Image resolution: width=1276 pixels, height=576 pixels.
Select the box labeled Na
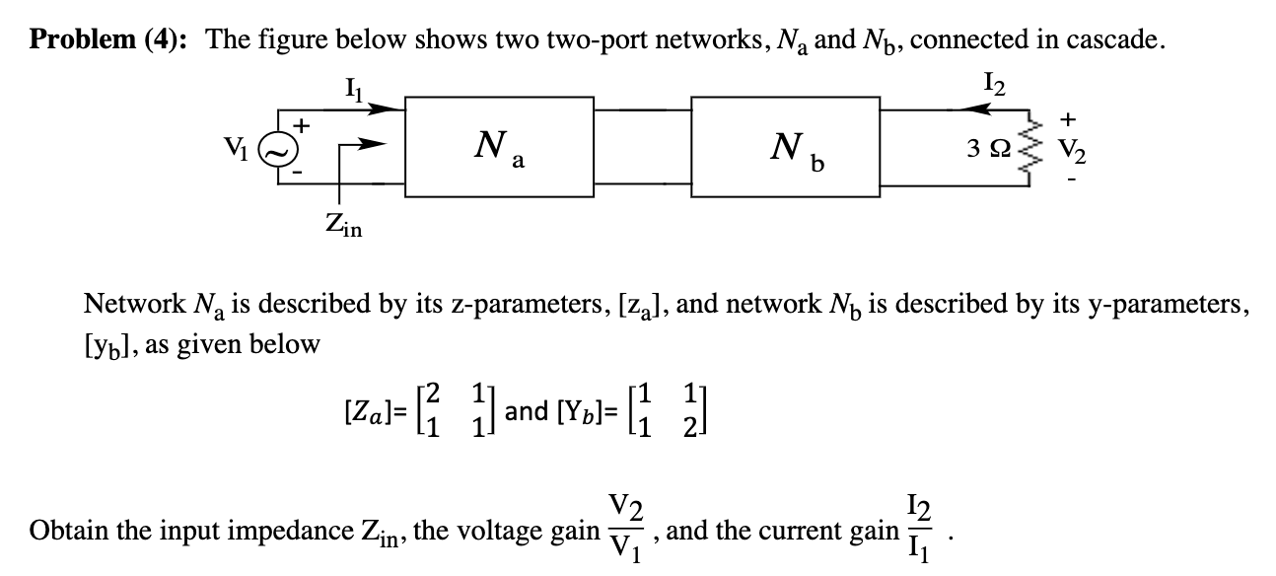click(x=498, y=149)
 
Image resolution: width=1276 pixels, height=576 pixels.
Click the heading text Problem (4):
click(x=110, y=40)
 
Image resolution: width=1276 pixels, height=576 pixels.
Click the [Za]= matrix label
click(x=367, y=409)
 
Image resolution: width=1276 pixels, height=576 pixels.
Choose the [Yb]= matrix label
click(x=588, y=409)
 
